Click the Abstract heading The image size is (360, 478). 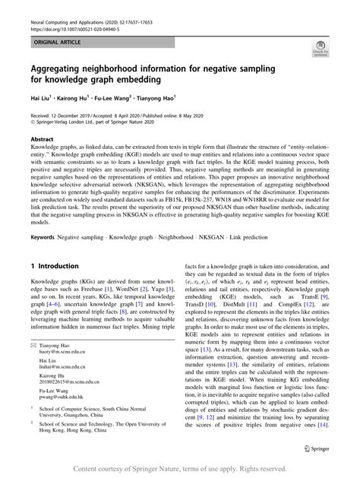(42, 140)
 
